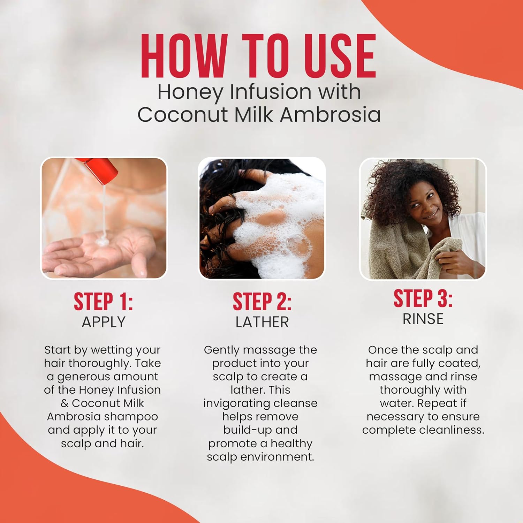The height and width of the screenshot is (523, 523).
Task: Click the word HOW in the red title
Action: click(x=184, y=56)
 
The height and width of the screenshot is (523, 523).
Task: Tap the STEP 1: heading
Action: click(x=104, y=302)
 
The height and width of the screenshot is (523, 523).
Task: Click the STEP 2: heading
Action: click(x=262, y=302)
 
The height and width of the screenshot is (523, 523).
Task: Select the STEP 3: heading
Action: click(x=423, y=298)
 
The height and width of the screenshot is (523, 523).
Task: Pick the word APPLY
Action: click(x=104, y=322)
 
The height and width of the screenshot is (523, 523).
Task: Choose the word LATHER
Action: click(x=262, y=322)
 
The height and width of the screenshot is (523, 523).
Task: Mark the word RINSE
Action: click(x=423, y=319)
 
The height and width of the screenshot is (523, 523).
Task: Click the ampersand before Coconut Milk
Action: click(x=65, y=403)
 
